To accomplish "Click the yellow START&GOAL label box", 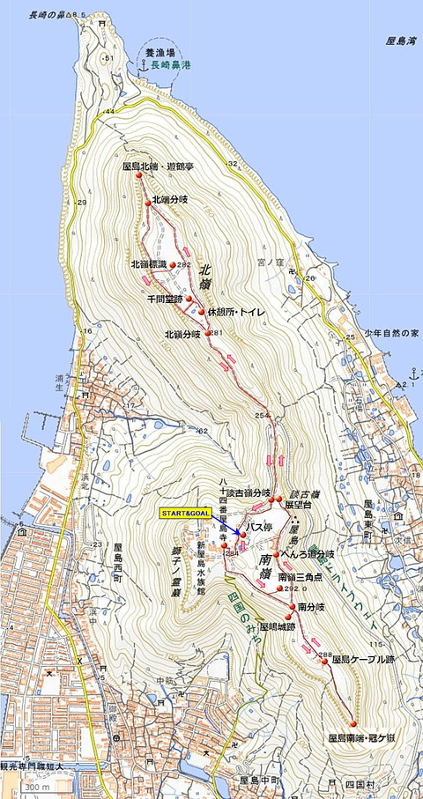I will click(184, 512).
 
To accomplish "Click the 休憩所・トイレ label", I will click(236, 312).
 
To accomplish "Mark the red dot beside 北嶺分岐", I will click(208, 333).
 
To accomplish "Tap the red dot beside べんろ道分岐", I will click(277, 555).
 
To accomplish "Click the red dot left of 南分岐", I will click(292, 607).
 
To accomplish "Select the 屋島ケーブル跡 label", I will click(361, 659).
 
